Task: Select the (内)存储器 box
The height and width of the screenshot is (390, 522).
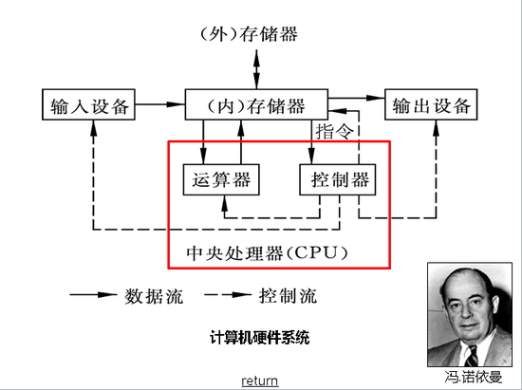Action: pos(257,105)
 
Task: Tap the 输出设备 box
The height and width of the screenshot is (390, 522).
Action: pos(427,105)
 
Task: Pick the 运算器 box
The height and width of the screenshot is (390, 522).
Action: pos(220,179)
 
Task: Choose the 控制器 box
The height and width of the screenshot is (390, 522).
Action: pos(334,179)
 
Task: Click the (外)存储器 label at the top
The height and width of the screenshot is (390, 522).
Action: pos(250,35)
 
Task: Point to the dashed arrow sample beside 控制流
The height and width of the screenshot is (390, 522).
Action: pos(226,295)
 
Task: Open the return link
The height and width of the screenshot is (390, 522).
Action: pos(259,381)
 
